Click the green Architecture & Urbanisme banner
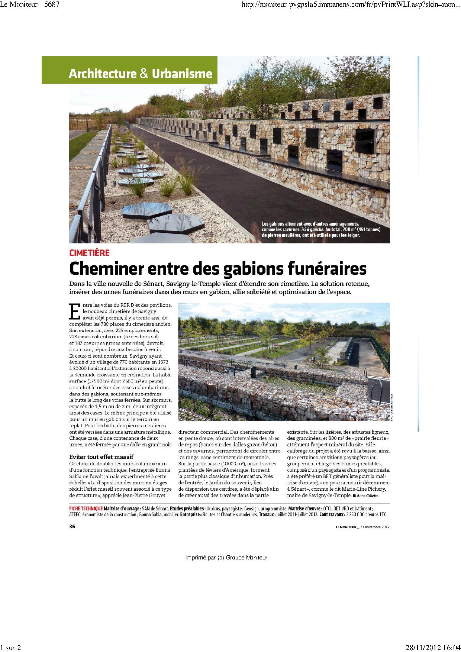coord(140,74)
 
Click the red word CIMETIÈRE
coord(89,253)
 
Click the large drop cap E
coord(75,312)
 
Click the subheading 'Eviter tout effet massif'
coord(101,456)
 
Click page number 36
coord(72,526)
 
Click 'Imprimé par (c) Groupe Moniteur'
coord(226,557)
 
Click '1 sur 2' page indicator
coord(11,648)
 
